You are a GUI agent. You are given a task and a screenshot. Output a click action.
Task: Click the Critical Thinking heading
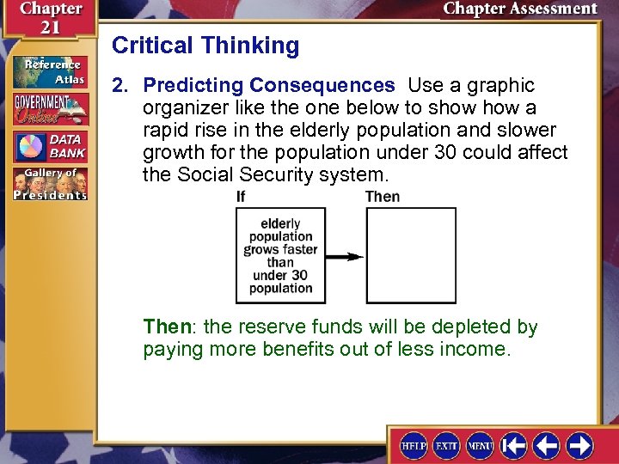click(x=205, y=46)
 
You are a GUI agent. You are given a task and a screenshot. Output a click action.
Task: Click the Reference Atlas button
click(x=50, y=71)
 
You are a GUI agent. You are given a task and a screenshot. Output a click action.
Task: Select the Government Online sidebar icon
click(x=50, y=109)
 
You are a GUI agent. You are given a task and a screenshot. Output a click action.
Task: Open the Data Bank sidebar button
click(x=50, y=147)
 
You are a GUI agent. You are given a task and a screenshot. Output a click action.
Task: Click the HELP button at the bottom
click(x=414, y=445)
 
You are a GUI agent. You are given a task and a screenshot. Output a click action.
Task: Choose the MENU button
click(x=480, y=445)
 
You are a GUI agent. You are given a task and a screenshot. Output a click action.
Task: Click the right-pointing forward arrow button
click(x=580, y=445)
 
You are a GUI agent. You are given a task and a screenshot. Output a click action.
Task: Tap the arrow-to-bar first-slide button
click(x=514, y=445)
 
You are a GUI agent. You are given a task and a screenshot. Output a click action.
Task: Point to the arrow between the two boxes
click(x=345, y=256)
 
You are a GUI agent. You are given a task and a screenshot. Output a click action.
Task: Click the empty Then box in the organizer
click(x=411, y=256)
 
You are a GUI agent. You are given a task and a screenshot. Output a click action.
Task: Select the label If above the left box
click(x=242, y=197)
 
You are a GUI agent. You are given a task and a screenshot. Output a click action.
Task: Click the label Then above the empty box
click(x=383, y=197)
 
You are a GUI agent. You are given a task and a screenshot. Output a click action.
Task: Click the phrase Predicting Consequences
click(x=269, y=85)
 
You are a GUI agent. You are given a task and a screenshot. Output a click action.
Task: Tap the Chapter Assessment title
click(x=520, y=9)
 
